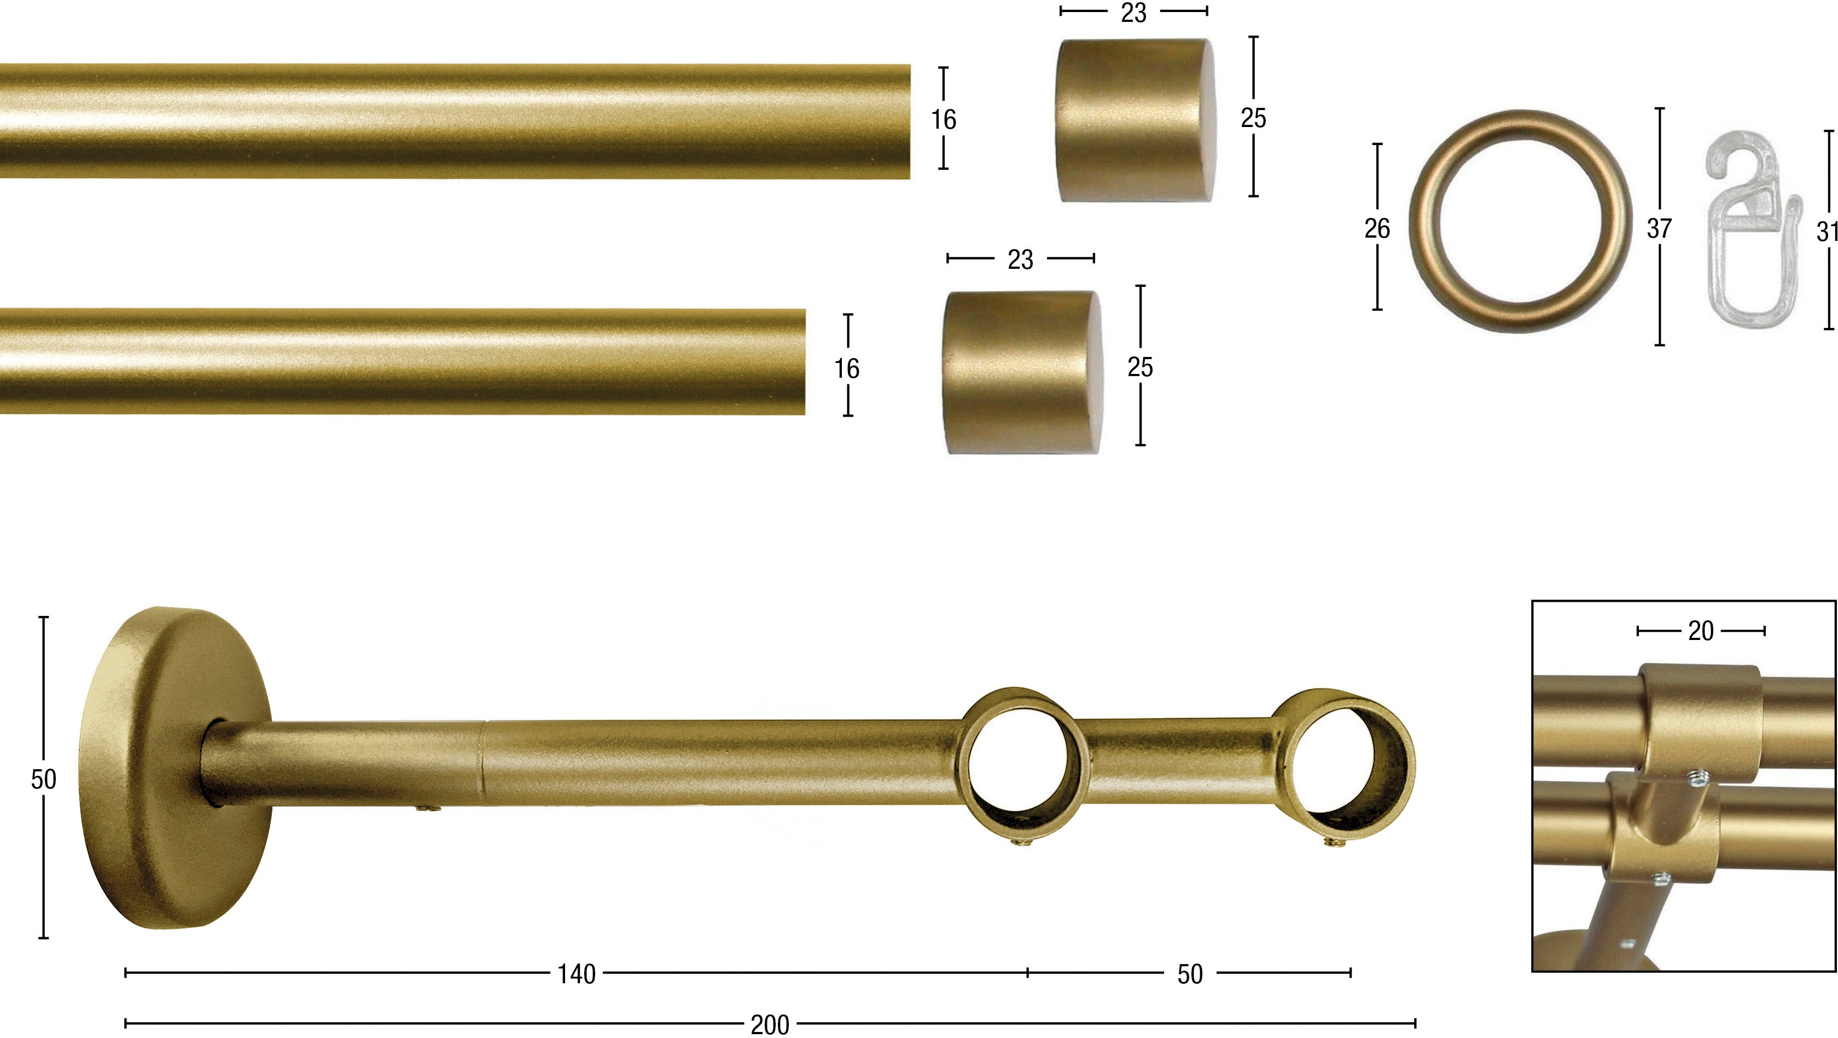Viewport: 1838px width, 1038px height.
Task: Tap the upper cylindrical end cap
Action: click(x=1136, y=120)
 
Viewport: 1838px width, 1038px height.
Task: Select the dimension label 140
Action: click(x=577, y=974)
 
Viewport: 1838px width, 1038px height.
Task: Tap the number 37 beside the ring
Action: click(x=1659, y=228)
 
